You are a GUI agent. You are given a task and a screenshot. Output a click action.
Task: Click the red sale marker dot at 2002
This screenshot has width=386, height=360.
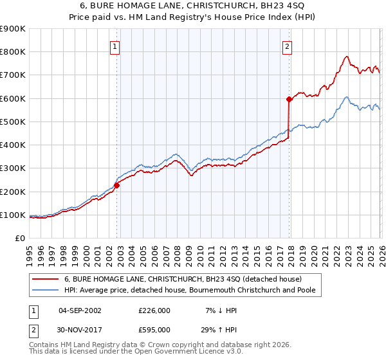pos(116,186)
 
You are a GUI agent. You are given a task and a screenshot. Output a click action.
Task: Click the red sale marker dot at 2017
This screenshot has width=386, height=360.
pos(289,99)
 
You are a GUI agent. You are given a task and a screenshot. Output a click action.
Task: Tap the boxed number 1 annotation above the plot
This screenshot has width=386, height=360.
pos(115,46)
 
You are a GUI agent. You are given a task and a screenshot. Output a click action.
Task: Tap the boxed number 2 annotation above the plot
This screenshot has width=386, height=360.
pos(287,46)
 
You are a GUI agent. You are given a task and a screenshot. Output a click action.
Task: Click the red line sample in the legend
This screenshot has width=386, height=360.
pos(45,279)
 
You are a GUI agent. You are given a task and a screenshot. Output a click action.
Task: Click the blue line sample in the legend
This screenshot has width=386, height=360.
pos(45,291)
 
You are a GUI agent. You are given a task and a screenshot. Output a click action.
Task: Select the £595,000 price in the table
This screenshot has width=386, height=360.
pos(154,330)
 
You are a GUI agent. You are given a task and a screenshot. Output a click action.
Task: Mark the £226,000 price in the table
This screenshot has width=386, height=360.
pos(154,310)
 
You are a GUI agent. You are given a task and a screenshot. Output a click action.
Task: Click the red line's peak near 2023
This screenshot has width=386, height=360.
pos(346,56)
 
